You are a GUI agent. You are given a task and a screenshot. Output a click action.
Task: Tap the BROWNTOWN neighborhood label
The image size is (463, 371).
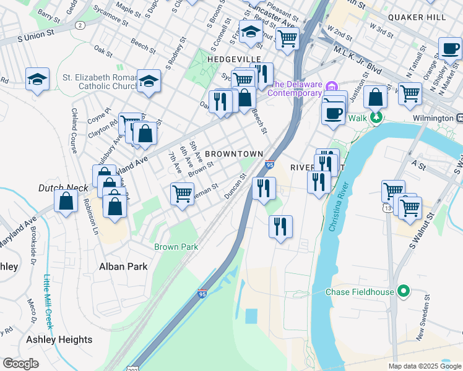(234, 153)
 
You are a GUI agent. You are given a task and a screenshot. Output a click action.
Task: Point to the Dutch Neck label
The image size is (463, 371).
(59, 187)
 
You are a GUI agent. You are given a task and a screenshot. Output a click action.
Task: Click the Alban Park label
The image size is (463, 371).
(124, 267)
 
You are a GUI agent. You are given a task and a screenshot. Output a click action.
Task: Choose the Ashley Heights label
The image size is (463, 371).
(59, 339)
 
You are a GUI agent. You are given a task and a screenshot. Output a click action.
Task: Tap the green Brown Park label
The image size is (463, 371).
(176, 247)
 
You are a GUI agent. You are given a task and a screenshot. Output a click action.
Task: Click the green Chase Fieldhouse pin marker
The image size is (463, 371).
(404, 291)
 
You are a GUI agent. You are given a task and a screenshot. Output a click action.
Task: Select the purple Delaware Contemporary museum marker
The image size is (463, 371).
(332, 85)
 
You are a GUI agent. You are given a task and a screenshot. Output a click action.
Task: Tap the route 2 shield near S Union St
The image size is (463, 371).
(80, 25)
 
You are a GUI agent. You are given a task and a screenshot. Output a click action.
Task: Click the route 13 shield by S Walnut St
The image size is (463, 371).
(387, 208)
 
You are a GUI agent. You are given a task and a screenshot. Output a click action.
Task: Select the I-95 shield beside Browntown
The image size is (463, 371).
(269, 164)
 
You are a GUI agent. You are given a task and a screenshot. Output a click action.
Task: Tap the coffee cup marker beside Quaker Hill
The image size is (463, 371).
(450, 48)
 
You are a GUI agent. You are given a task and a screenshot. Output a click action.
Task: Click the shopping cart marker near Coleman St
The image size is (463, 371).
(182, 194)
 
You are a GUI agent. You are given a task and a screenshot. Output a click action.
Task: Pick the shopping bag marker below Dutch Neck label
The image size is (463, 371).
(66, 200)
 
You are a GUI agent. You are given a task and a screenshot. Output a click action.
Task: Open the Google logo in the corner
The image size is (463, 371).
(20, 364)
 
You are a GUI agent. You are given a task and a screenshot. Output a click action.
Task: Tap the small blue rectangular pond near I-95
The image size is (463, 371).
(251, 317)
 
